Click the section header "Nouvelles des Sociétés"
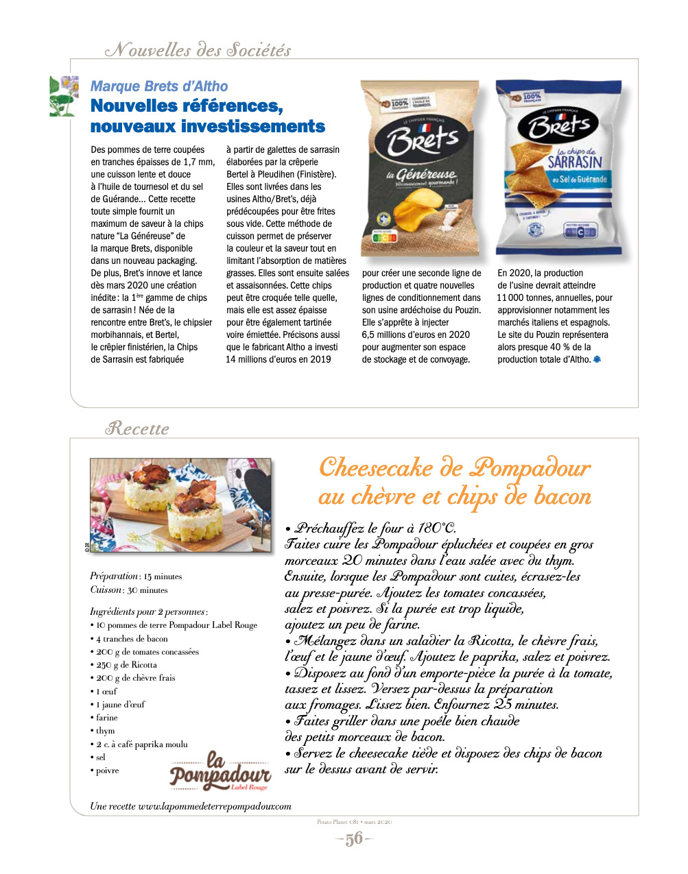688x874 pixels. tap(198, 50)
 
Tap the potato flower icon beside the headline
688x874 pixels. tap(64, 96)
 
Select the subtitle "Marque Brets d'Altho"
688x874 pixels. tap(159, 86)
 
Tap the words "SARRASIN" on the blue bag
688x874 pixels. tap(575, 162)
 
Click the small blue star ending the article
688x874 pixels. tap(597, 359)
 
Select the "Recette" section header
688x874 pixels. tap(137, 429)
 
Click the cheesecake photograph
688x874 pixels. tap(180, 505)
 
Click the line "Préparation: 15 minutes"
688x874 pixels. tap(136, 576)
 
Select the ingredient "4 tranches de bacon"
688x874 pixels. tap(132, 638)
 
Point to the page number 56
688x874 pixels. tap(354, 839)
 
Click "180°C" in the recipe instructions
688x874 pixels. tap(436, 528)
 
